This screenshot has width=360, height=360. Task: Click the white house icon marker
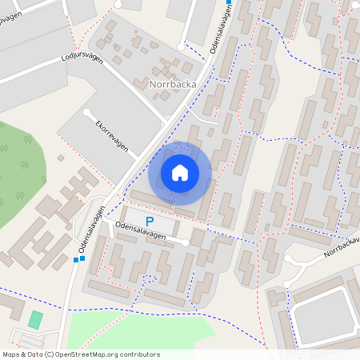tap(180, 172)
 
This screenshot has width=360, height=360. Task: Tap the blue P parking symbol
tap(149, 221)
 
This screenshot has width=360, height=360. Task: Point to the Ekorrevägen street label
tap(113, 133)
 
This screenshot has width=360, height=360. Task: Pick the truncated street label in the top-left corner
tap(12, 18)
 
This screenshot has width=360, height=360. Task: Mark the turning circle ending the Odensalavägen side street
tap(186, 242)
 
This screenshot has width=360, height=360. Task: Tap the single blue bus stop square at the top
tap(230, 3)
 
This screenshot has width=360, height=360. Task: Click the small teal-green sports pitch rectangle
tap(35, 320)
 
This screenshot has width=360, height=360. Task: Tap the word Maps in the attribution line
tap(12, 354)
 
